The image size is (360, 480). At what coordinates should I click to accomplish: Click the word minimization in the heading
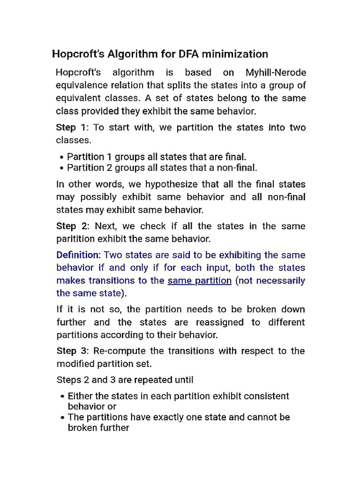(x=232, y=54)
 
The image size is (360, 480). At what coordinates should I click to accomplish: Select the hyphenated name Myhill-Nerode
(x=276, y=73)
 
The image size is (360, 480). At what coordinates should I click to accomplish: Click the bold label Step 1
(x=71, y=127)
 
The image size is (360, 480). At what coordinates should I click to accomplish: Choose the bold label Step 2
(x=72, y=226)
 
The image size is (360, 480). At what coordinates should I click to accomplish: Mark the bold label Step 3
(x=72, y=351)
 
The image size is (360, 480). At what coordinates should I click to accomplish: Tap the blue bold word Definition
(x=78, y=255)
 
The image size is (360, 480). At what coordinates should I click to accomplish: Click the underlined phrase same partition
(x=200, y=281)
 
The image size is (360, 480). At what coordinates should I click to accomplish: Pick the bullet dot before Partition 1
(x=62, y=157)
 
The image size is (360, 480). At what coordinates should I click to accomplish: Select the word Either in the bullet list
(x=81, y=396)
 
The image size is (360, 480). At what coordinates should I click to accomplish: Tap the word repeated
(x=147, y=380)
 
